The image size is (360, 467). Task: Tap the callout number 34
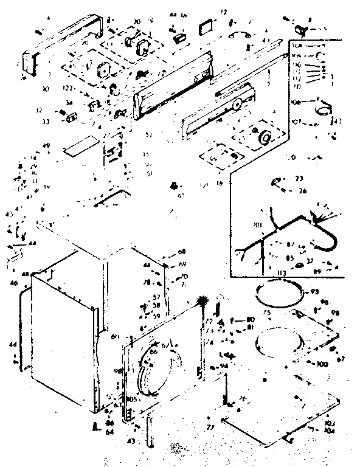coord(69,102)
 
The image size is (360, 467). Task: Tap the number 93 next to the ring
coord(314,292)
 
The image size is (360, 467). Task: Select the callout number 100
coord(322,364)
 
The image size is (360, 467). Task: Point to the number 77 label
coord(211,428)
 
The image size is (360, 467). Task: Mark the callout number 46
coord(13,283)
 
